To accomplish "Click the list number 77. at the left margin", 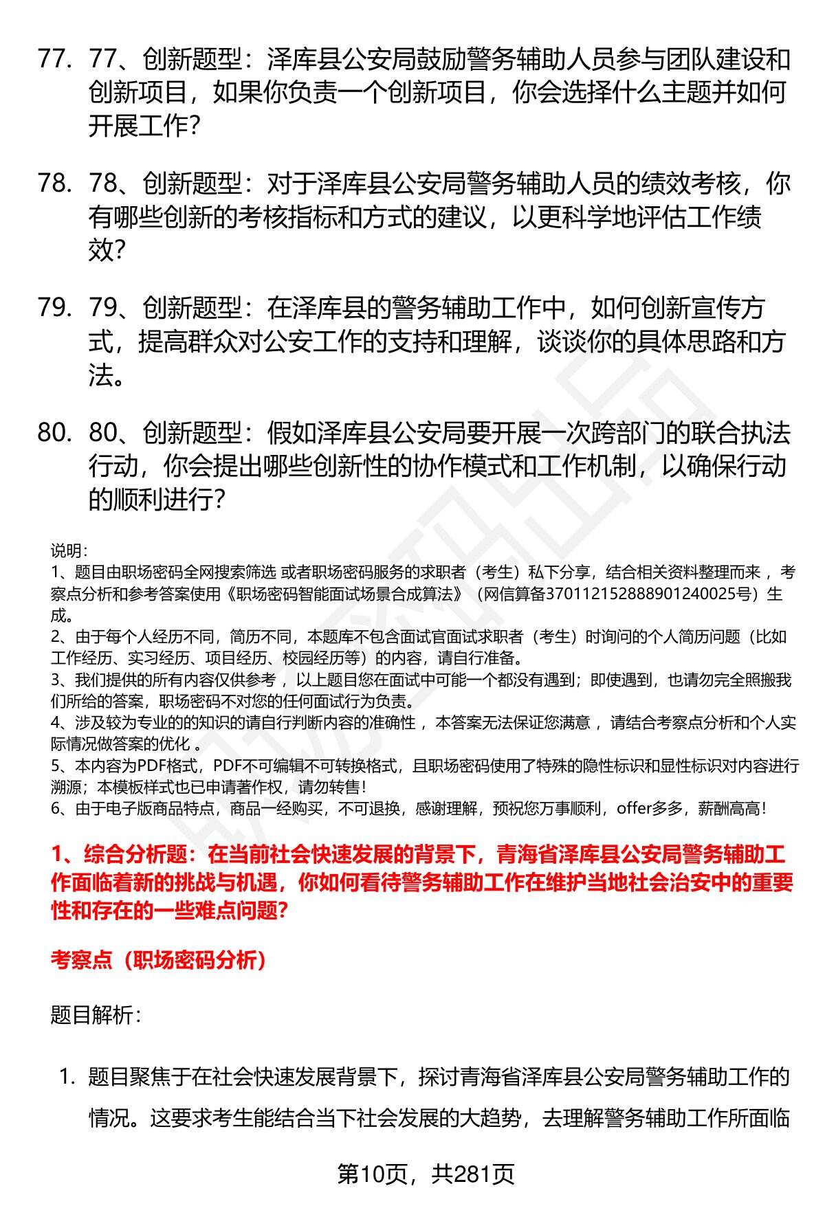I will click(55, 60).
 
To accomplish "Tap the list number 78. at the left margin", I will click(55, 184).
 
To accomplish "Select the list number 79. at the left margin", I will click(55, 309).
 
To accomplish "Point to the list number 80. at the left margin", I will click(55, 433).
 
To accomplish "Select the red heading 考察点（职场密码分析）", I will click(159, 961).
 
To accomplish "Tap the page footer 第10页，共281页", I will click(426, 1174).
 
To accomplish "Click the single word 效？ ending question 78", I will click(107, 252).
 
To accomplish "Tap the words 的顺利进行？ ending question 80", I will click(157, 500).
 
